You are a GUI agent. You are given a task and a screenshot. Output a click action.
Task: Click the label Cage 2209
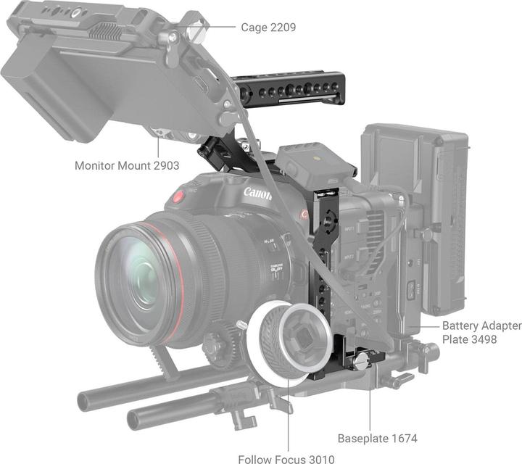click(268, 28)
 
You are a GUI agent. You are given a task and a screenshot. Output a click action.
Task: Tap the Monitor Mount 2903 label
click(127, 165)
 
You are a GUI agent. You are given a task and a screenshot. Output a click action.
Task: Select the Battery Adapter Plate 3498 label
click(481, 333)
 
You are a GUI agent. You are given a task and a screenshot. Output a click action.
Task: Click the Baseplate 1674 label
click(377, 439)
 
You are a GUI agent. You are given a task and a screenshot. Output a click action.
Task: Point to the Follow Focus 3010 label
click(287, 458)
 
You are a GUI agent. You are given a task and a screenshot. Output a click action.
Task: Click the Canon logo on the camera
click(257, 194)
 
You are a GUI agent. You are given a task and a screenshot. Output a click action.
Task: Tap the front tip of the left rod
click(87, 399)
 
